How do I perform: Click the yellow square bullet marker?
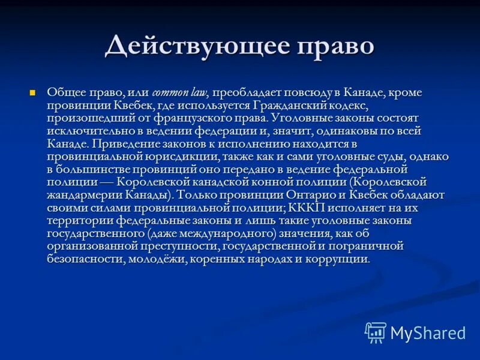pos(34,92)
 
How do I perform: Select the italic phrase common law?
pos(180,93)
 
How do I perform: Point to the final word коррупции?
pos(342,259)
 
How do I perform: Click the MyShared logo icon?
pos(376,332)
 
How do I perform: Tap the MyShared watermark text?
pos(428,332)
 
